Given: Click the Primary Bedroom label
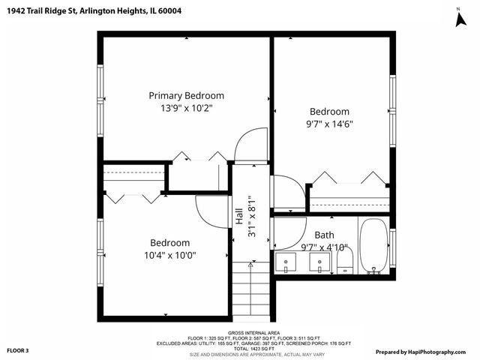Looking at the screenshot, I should click(x=186, y=95).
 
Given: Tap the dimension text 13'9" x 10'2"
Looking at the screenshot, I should click(x=186, y=108).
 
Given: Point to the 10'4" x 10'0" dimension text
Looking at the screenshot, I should click(x=169, y=256).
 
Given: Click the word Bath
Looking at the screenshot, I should click(x=324, y=235).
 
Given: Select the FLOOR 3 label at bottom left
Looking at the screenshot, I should click(x=18, y=350).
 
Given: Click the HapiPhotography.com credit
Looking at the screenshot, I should click(x=423, y=351).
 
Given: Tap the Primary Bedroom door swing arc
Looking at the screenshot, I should click(x=250, y=144).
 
